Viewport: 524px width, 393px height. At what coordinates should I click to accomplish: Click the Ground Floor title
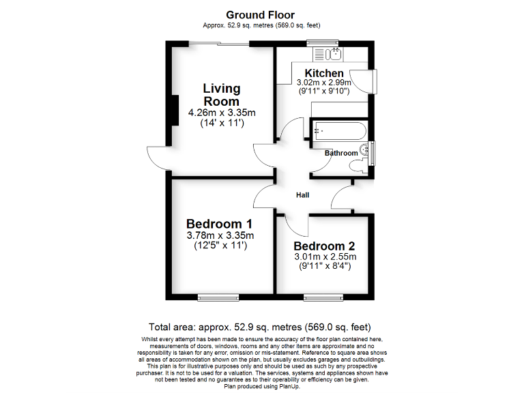coord(260,14)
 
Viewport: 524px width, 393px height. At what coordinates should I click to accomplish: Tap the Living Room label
coord(222,95)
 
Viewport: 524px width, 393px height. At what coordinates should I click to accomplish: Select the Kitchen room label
coord(324,73)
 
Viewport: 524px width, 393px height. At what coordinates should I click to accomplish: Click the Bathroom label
coord(340,154)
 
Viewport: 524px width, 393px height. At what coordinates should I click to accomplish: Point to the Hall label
coord(302,195)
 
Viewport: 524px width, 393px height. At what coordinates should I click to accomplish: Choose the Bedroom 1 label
coord(220,224)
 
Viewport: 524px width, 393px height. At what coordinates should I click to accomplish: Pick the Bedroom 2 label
coord(325,246)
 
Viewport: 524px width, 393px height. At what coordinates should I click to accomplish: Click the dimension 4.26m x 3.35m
coord(222,113)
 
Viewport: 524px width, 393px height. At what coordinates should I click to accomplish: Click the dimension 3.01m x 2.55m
coord(325,257)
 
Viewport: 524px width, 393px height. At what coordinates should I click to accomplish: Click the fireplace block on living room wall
coord(174,110)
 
